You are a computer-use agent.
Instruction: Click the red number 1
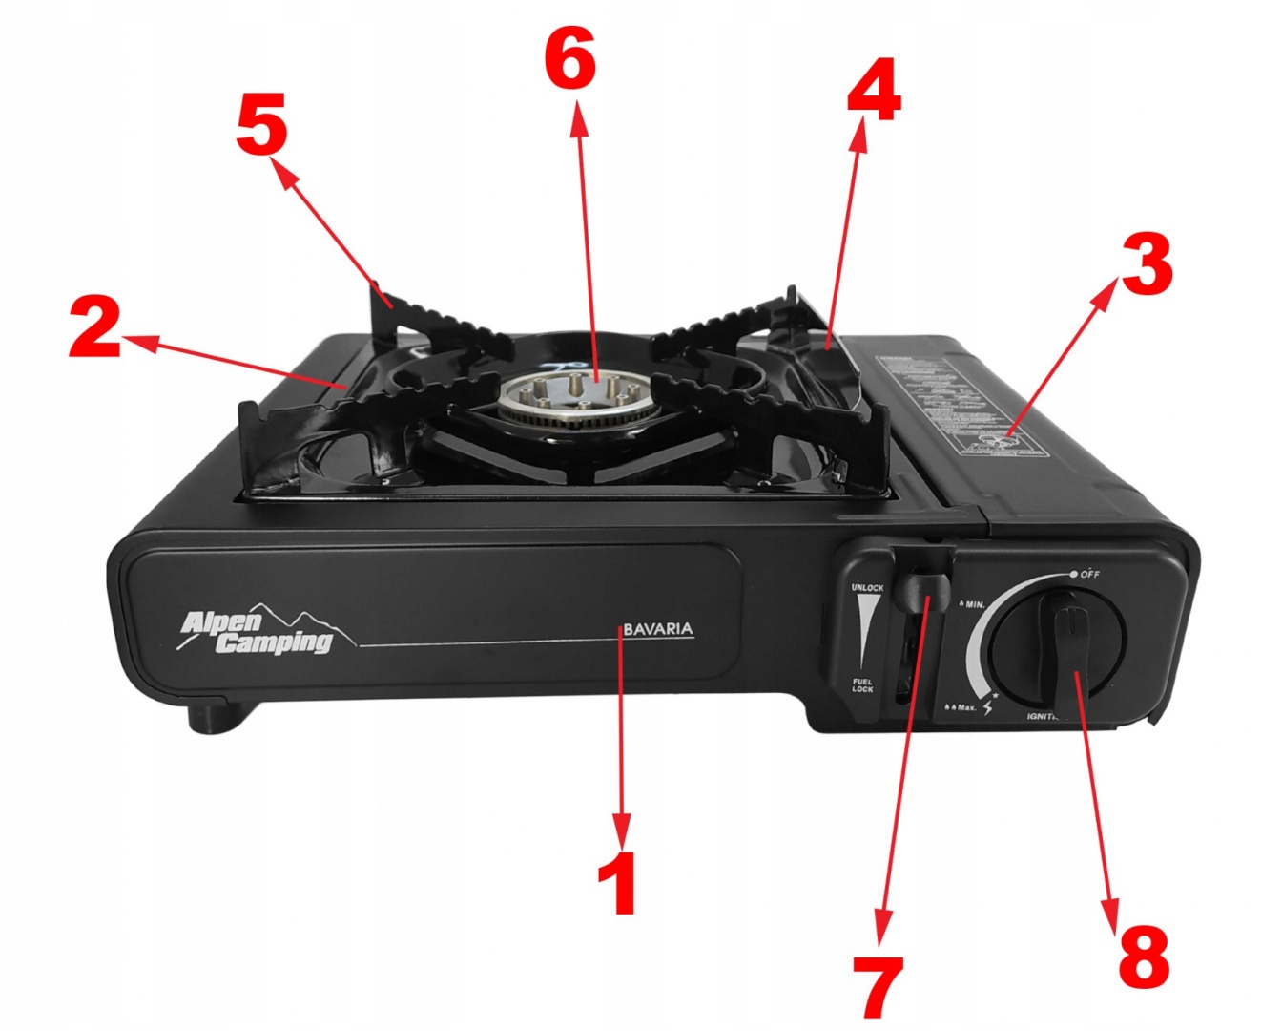tap(622, 883)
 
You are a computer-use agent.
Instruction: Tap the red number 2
tap(95, 327)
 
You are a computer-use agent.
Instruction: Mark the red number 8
tap(1142, 955)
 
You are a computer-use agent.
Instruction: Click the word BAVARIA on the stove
tap(658, 630)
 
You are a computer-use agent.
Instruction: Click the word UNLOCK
tap(867, 588)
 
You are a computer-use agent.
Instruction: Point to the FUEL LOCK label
tap(862, 684)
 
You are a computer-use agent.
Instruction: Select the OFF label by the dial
tap(1089, 575)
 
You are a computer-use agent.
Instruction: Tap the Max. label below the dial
tap(961, 708)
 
